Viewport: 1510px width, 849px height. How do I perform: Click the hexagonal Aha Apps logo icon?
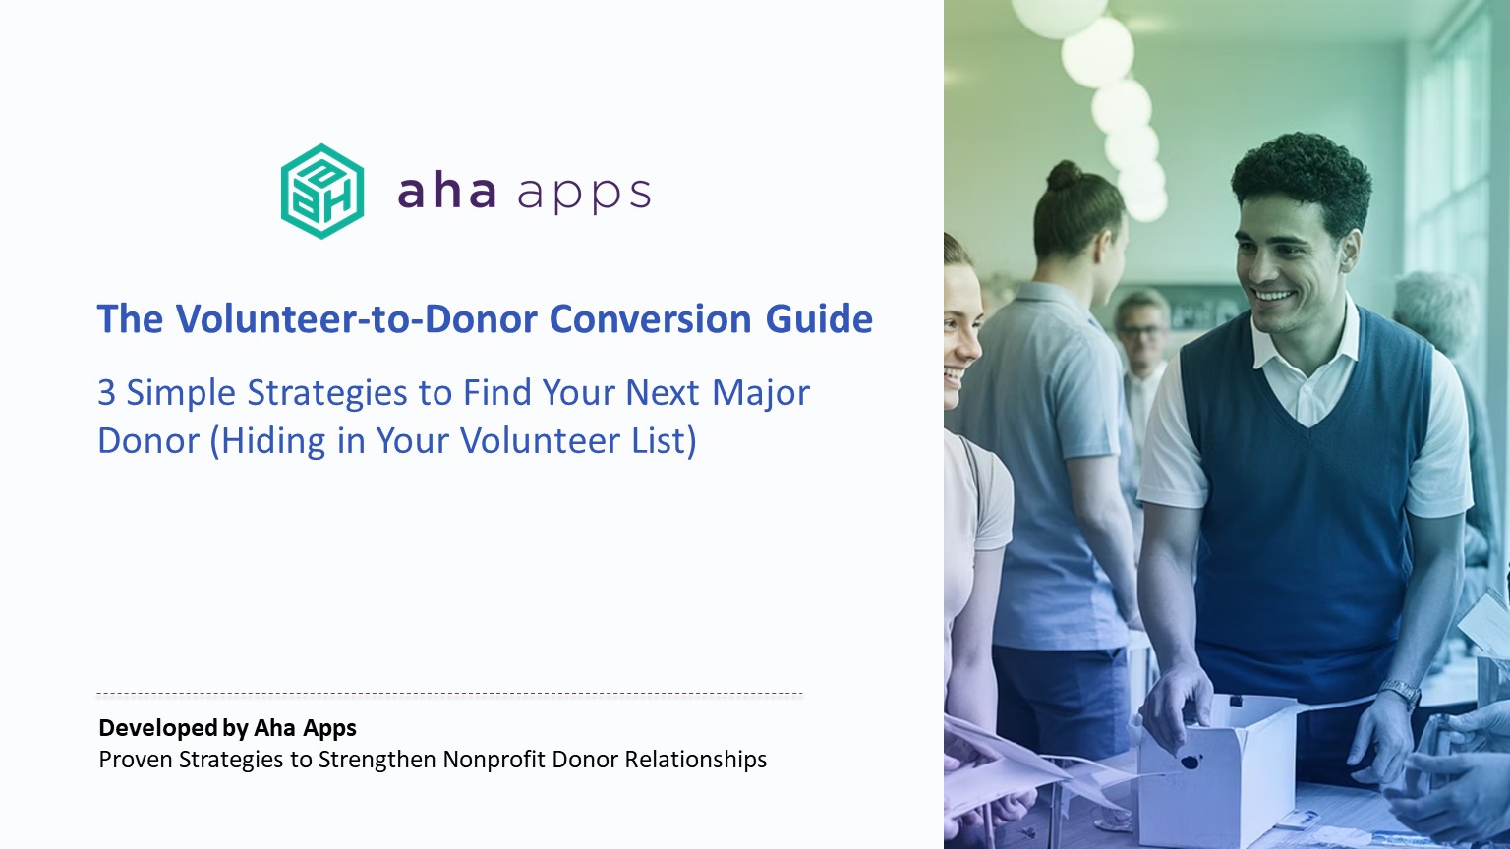point(322,192)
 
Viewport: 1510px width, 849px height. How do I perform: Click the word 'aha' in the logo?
point(447,191)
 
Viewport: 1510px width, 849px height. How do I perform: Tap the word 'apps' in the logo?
point(584,195)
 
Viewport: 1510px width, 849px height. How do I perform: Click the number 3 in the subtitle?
point(106,393)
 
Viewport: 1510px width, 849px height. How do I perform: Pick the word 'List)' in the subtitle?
point(664,441)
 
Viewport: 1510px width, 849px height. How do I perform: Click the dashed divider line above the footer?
point(449,694)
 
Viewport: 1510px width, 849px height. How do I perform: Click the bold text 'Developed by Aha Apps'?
point(227,728)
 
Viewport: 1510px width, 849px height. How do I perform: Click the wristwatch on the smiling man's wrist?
point(1400,692)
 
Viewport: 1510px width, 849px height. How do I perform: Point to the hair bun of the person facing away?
point(1064,176)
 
